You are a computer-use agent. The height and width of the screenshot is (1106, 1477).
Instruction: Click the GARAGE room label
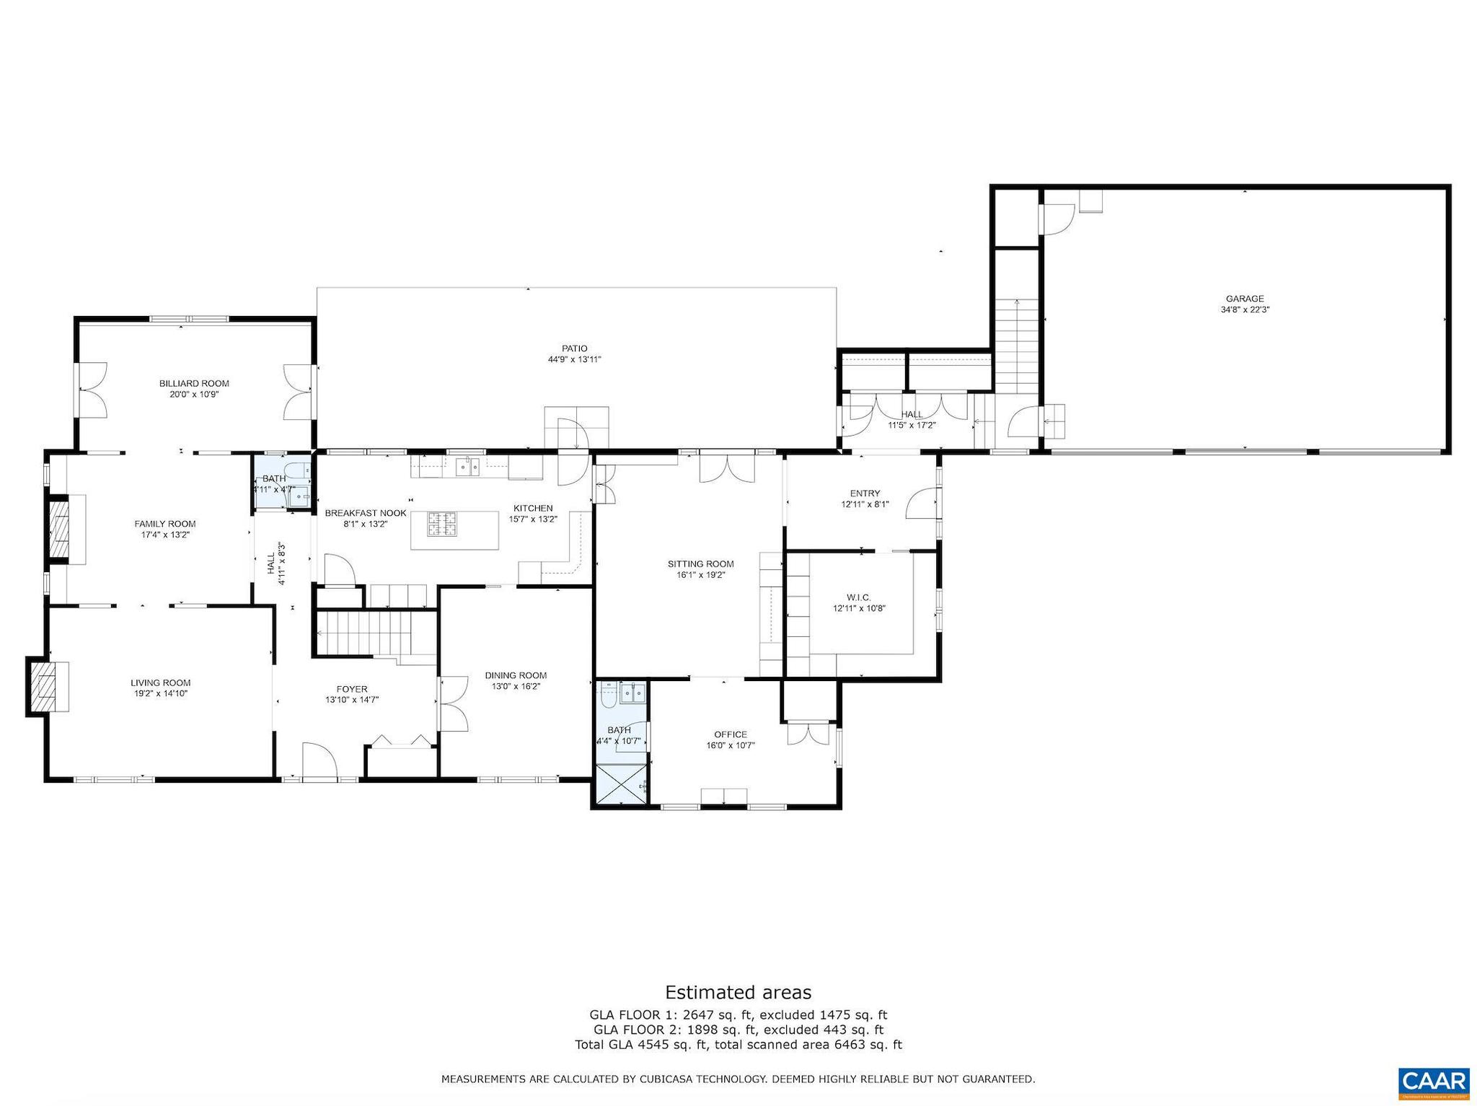click(1245, 299)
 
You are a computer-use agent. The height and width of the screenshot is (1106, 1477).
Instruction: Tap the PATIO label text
click(574, 348)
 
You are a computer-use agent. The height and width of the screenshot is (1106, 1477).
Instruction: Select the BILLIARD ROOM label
click(194, 383)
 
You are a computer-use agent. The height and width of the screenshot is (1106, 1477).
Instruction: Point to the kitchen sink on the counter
click(468, 466)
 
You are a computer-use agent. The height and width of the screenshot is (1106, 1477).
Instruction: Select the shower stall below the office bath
click(620, 786)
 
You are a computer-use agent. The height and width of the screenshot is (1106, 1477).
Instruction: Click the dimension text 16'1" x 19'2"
click(700, 575)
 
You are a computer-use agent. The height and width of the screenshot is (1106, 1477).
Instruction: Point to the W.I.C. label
click(859, 597)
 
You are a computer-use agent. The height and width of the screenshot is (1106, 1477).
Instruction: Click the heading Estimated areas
click(738, 992)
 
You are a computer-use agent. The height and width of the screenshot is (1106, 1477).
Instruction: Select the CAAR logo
click(1434, 1082)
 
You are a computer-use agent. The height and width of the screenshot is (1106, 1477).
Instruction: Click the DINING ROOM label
click(516, 675)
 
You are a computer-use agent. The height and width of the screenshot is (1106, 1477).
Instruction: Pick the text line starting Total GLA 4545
click(738, 1045)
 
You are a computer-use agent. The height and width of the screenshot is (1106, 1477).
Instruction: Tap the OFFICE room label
click(731, 734)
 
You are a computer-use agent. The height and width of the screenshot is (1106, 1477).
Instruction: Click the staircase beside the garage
click(1016, 346)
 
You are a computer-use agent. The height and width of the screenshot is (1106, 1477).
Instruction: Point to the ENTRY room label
click(865, 493)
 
